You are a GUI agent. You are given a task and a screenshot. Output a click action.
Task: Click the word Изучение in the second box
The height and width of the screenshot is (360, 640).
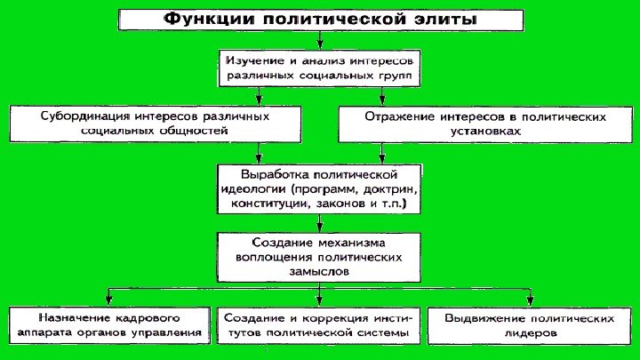(x=255, y=61)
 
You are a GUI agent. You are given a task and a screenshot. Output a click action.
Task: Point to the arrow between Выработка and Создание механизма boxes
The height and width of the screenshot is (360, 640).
(x=320, y=223)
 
